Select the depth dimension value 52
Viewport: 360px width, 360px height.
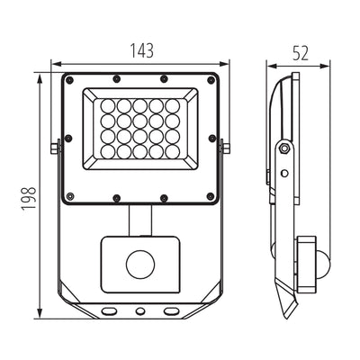(x=300, y=52)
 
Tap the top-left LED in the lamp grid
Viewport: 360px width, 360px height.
(x=107, y=106)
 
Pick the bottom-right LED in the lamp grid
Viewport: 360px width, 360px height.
(x=172, y=152)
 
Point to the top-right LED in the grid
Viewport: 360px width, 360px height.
(x=172, y=106)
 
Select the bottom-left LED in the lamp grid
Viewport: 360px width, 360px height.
(x=107, y=152)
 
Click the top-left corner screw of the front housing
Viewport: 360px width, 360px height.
(x=67, y=79)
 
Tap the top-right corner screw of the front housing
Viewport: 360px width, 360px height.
(x=211, y=79)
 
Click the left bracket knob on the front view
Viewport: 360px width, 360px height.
(x=56, y=146)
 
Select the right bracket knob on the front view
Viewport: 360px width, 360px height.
(x=224, y=146)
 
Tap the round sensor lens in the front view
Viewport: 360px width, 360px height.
(x=139, y=264)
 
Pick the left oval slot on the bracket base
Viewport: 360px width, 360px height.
(x=108, y=310)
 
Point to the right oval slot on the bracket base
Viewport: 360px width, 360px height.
(x=171, y=310)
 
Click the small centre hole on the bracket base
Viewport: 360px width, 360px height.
(x=139, y=310)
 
